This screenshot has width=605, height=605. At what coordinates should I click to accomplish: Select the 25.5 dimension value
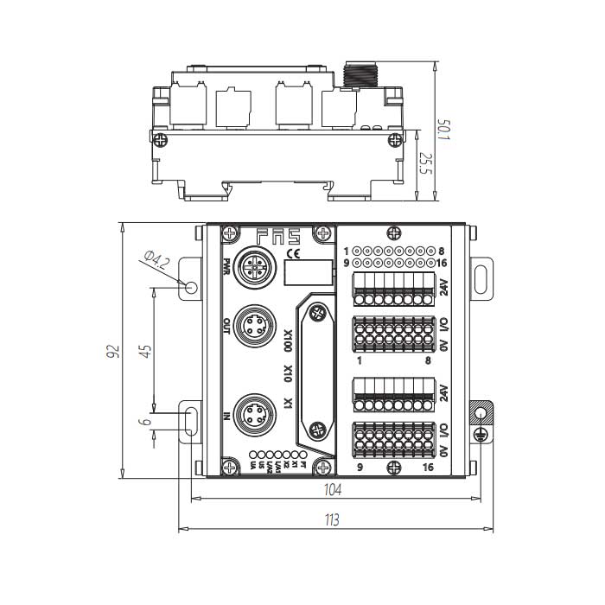coord(424,163)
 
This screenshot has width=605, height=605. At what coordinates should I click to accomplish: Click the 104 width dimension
coord(333,490)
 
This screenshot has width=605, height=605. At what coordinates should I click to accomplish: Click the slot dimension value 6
coord(146,422)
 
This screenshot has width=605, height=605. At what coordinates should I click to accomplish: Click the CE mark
coord(293,253)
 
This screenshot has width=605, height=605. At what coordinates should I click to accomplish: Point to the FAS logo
coord(277,234)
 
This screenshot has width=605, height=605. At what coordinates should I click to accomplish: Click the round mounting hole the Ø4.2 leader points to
coord(189,285)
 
